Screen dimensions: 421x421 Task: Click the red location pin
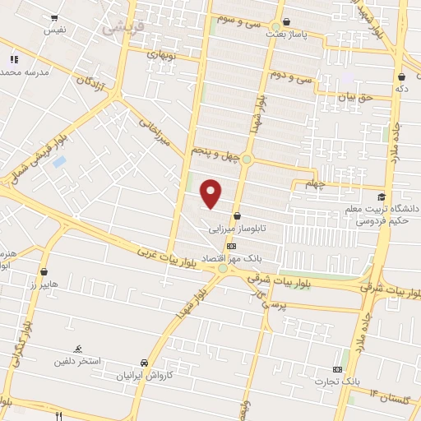(x=212, y=193)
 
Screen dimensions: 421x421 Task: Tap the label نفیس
(x=55, y=30)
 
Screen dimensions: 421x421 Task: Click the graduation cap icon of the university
(x=380, y=197)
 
